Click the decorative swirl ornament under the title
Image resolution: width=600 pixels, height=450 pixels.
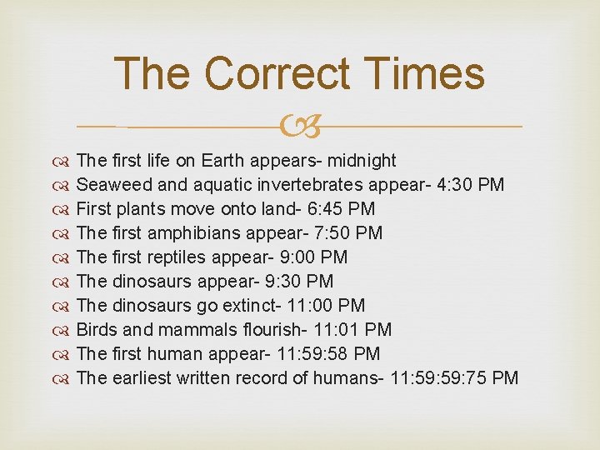tap(300, 127)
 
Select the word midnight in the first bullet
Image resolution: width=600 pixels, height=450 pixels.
tap(361, 160)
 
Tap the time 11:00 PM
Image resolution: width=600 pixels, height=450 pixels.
tap(327, 305)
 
